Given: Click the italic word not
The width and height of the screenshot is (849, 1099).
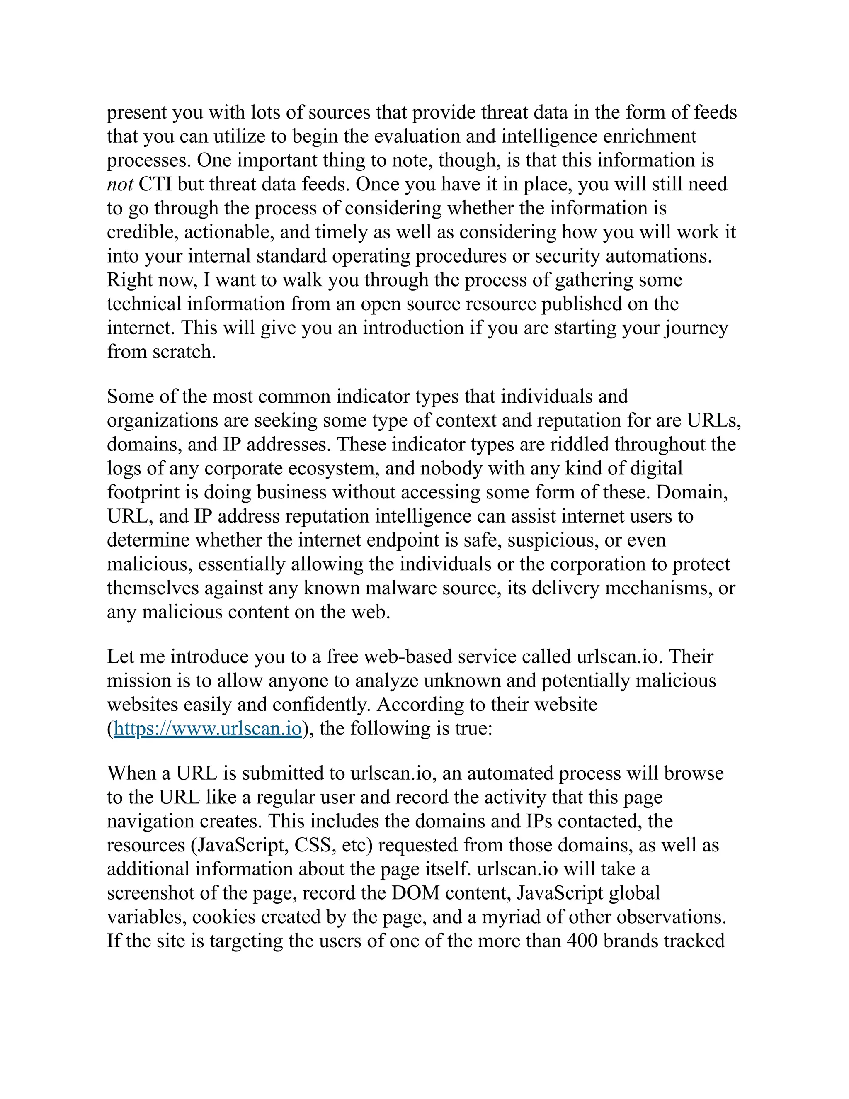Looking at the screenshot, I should click(120, 184).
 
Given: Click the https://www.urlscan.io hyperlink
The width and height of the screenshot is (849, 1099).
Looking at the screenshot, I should click(208, 728).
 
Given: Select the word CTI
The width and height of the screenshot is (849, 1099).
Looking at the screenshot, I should click(155, 184).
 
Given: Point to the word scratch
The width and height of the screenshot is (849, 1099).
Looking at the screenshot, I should click(184, 352).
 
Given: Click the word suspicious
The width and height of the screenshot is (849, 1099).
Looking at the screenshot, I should click(553, 540).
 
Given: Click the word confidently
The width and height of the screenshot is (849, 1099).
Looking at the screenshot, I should click(321, 705).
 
